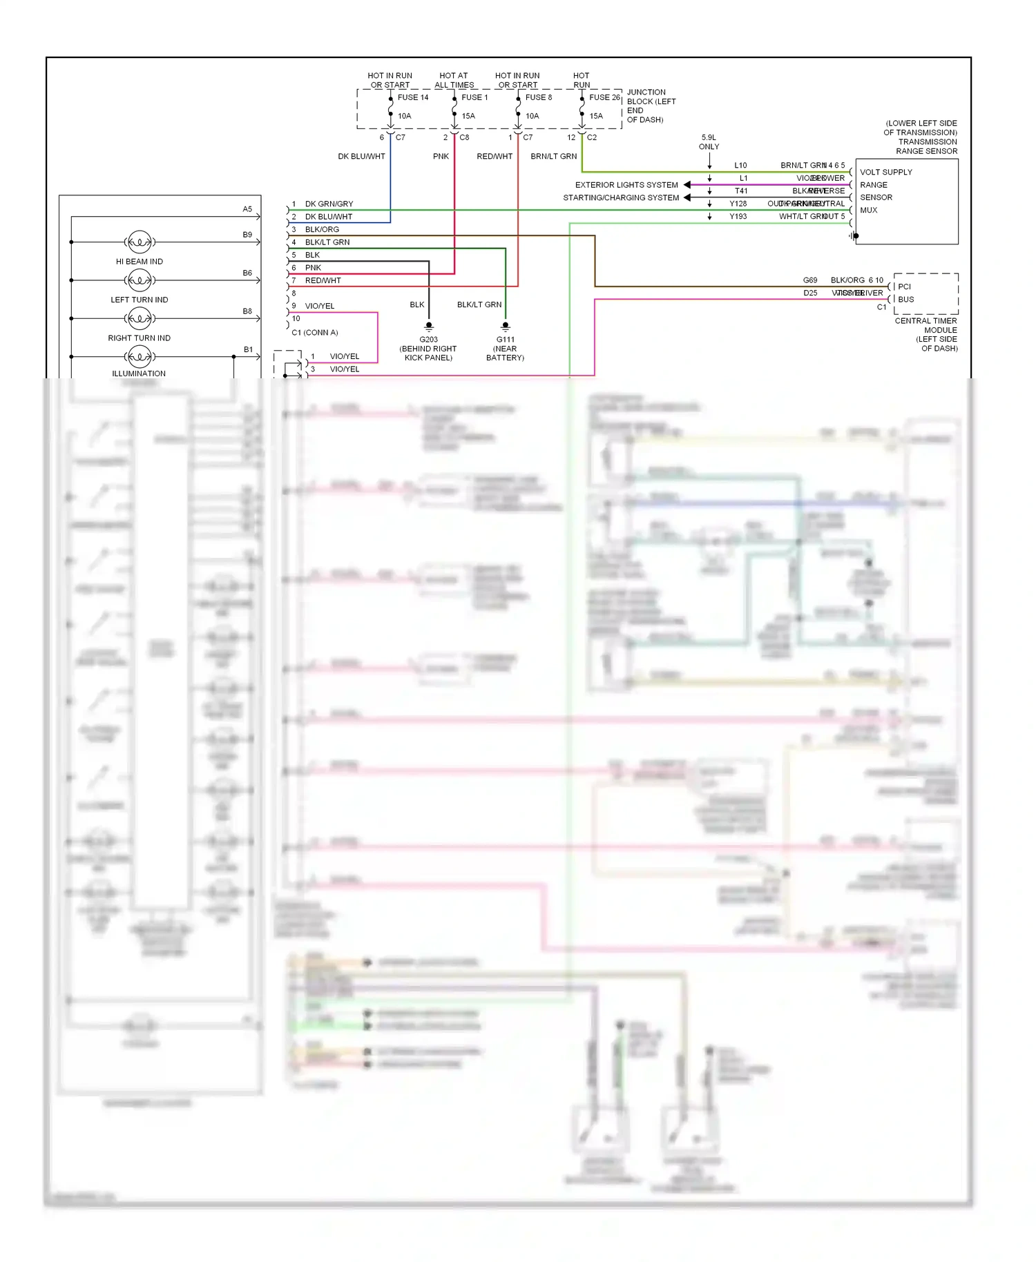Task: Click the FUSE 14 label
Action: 412,97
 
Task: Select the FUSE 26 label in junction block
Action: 604,97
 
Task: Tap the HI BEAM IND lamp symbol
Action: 140,242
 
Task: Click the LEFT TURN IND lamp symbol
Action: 140,280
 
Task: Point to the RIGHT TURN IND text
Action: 139,338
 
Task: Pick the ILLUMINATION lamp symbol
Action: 140,357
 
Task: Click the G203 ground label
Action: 428,340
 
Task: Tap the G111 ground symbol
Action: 506,327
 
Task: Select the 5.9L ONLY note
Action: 709,142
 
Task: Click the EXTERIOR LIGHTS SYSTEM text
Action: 626,185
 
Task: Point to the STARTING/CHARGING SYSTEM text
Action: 621,198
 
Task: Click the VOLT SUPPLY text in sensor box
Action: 885,172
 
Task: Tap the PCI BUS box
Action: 925,293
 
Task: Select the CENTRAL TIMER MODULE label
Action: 925,325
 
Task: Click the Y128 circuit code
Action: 738,204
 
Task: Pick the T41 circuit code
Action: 740,191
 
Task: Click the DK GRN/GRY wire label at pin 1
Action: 329,204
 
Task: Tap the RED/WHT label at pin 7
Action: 323,281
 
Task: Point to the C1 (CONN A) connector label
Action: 314,333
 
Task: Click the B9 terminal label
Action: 247,235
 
